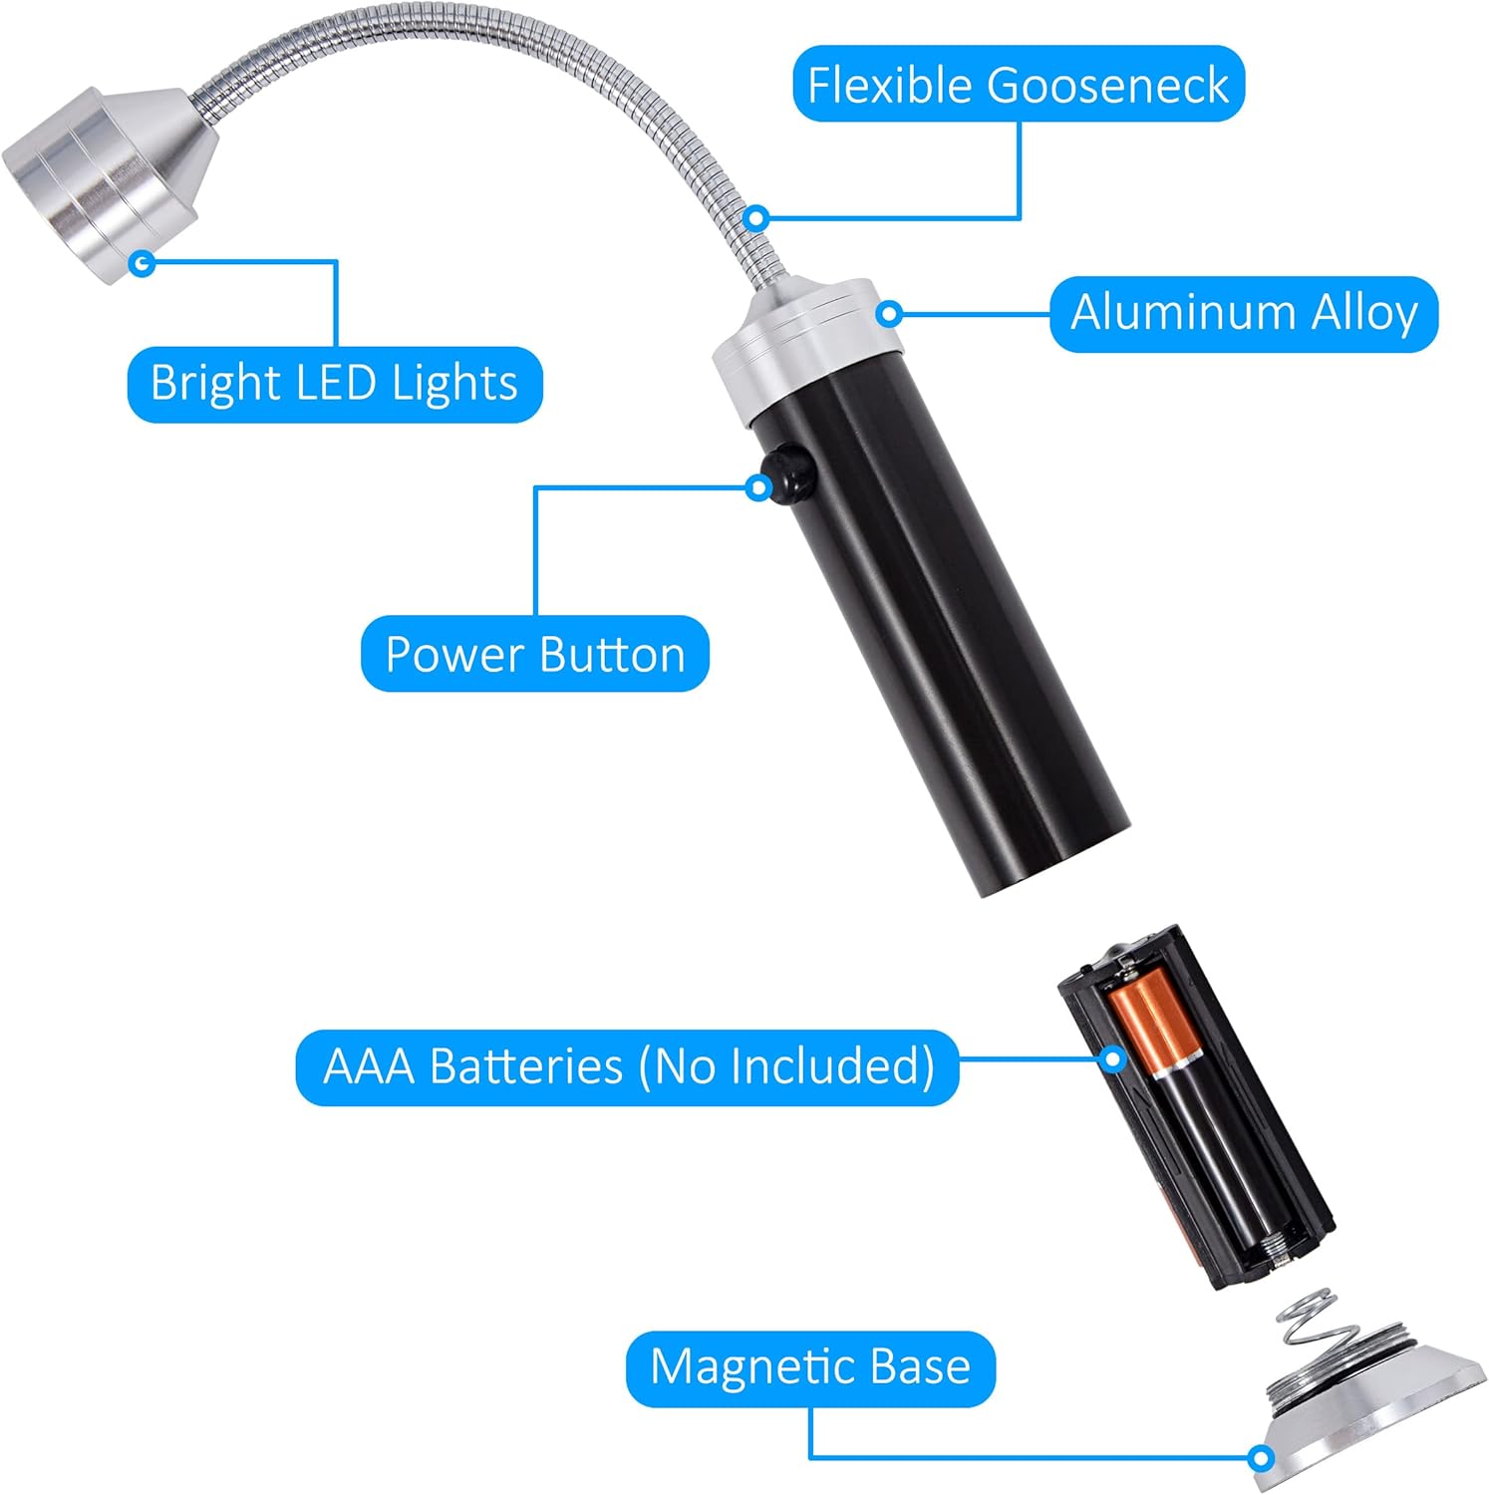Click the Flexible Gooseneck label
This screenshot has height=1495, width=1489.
click(x=1018, y=84)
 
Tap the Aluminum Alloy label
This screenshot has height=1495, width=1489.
click(x=1244, y=314)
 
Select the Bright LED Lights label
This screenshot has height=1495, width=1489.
click(x=335, y=384)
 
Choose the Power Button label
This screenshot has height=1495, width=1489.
click(x=535, y=654)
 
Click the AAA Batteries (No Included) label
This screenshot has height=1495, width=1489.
click(x=628, y=1067)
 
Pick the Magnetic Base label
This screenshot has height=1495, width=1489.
click(x=810, y=1367)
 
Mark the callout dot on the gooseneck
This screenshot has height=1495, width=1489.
click(x=757, y=216)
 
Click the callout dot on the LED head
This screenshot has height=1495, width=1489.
click(x=143, y=263)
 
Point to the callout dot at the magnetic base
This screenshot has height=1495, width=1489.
click(x=1261, y=1458)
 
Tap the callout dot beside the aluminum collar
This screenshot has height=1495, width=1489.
click(x=890, y=314)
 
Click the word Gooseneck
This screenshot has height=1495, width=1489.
click(x=1107, y=85)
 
